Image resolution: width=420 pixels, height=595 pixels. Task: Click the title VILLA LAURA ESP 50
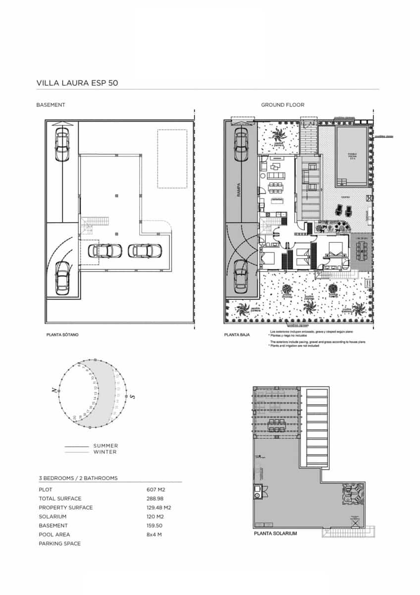[77, 83]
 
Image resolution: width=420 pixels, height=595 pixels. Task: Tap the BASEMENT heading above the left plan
[51, 105]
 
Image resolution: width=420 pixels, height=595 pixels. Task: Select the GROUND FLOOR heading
[282, 105]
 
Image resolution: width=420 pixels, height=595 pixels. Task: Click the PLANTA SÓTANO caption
[62, 335]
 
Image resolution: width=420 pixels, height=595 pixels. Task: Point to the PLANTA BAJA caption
[237, 335]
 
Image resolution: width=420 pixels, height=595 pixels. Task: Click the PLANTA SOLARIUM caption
[275, 534]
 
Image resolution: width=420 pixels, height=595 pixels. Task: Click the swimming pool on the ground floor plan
[352, 156]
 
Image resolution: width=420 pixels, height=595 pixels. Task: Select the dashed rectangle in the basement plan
[172, 159]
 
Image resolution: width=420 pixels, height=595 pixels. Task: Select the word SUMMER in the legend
[105, 446]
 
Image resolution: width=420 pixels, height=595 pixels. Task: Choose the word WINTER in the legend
[105, 452]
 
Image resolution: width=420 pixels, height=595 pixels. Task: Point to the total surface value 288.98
[156, 498]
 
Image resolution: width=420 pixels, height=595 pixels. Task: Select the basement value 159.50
[156, 525]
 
